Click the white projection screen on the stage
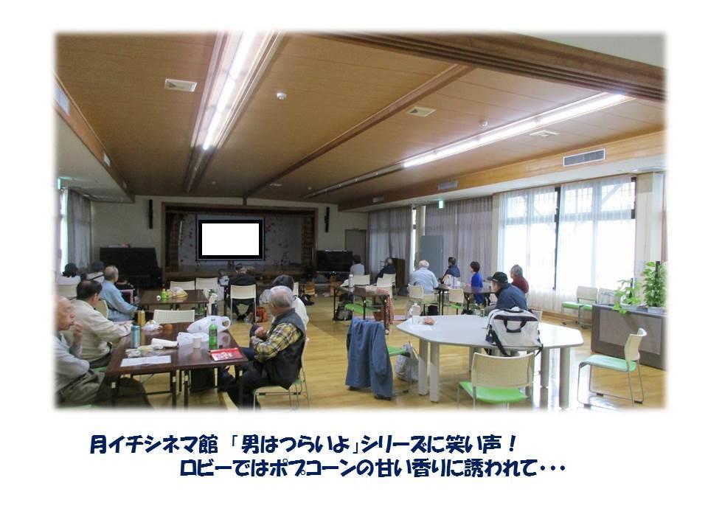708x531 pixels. point(230,239)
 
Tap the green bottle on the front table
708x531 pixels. point(212,334)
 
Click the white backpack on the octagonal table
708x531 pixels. point(513,331)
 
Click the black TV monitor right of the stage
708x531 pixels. point(334,261)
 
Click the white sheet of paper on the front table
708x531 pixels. point(146,361)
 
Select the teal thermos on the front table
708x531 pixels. point(135,336)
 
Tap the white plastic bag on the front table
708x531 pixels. point(209,324)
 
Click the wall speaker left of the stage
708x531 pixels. point(150,214)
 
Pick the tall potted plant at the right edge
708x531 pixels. point(654,285)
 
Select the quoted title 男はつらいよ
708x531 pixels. point(296,444)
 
